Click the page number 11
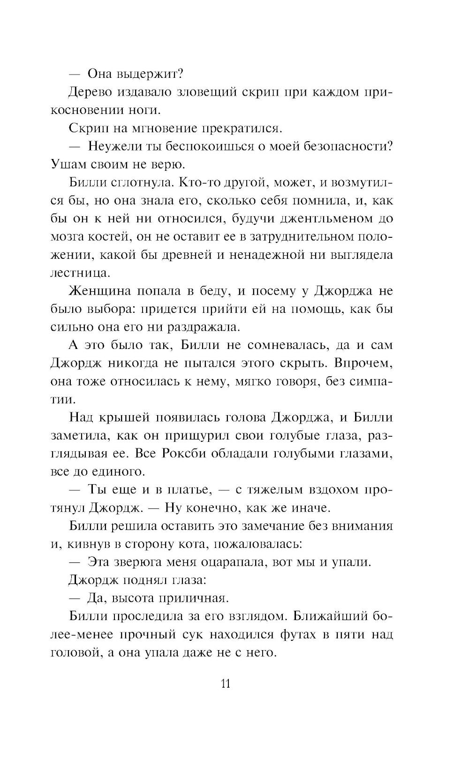(x=225, y=684)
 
